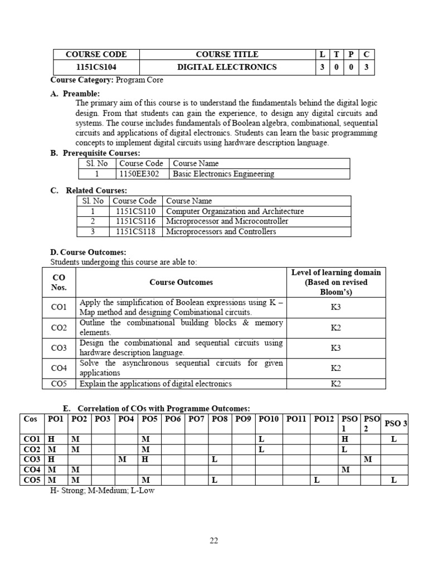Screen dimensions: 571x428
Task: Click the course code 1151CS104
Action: pos(96,67)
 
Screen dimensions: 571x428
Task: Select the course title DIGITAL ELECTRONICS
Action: pos(227,67)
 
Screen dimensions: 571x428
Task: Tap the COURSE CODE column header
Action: pos(96,54)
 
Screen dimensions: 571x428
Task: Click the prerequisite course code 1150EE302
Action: pos(141,174)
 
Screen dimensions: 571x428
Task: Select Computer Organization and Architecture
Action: pos(235,211)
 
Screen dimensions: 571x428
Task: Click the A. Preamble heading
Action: pos(75,94)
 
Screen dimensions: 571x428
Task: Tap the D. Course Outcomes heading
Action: pos(88,253)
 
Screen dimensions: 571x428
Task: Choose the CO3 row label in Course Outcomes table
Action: pos(59,348)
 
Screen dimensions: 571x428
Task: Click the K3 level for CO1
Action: pos(335,307)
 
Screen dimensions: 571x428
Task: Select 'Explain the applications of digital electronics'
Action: pos(155,384)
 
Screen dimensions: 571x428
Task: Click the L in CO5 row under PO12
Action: pos(315,480)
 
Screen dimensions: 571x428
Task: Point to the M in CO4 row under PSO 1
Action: pos(345,470)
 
